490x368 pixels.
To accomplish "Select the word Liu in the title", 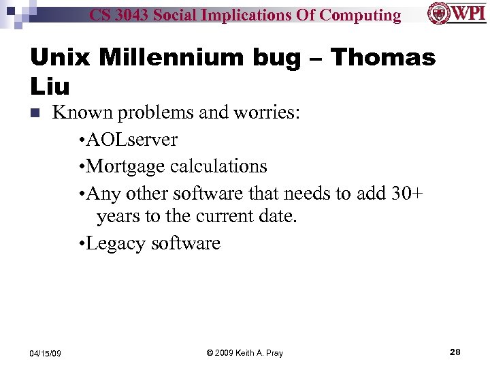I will pos(50,86).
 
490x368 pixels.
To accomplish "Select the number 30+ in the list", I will pos(407,193).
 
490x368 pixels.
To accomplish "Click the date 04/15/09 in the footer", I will pos(46,352).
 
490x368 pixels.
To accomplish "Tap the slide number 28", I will pos(455,352).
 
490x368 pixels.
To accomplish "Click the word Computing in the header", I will pos(360,15).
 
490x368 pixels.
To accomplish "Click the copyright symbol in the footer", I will pos(210,352).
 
